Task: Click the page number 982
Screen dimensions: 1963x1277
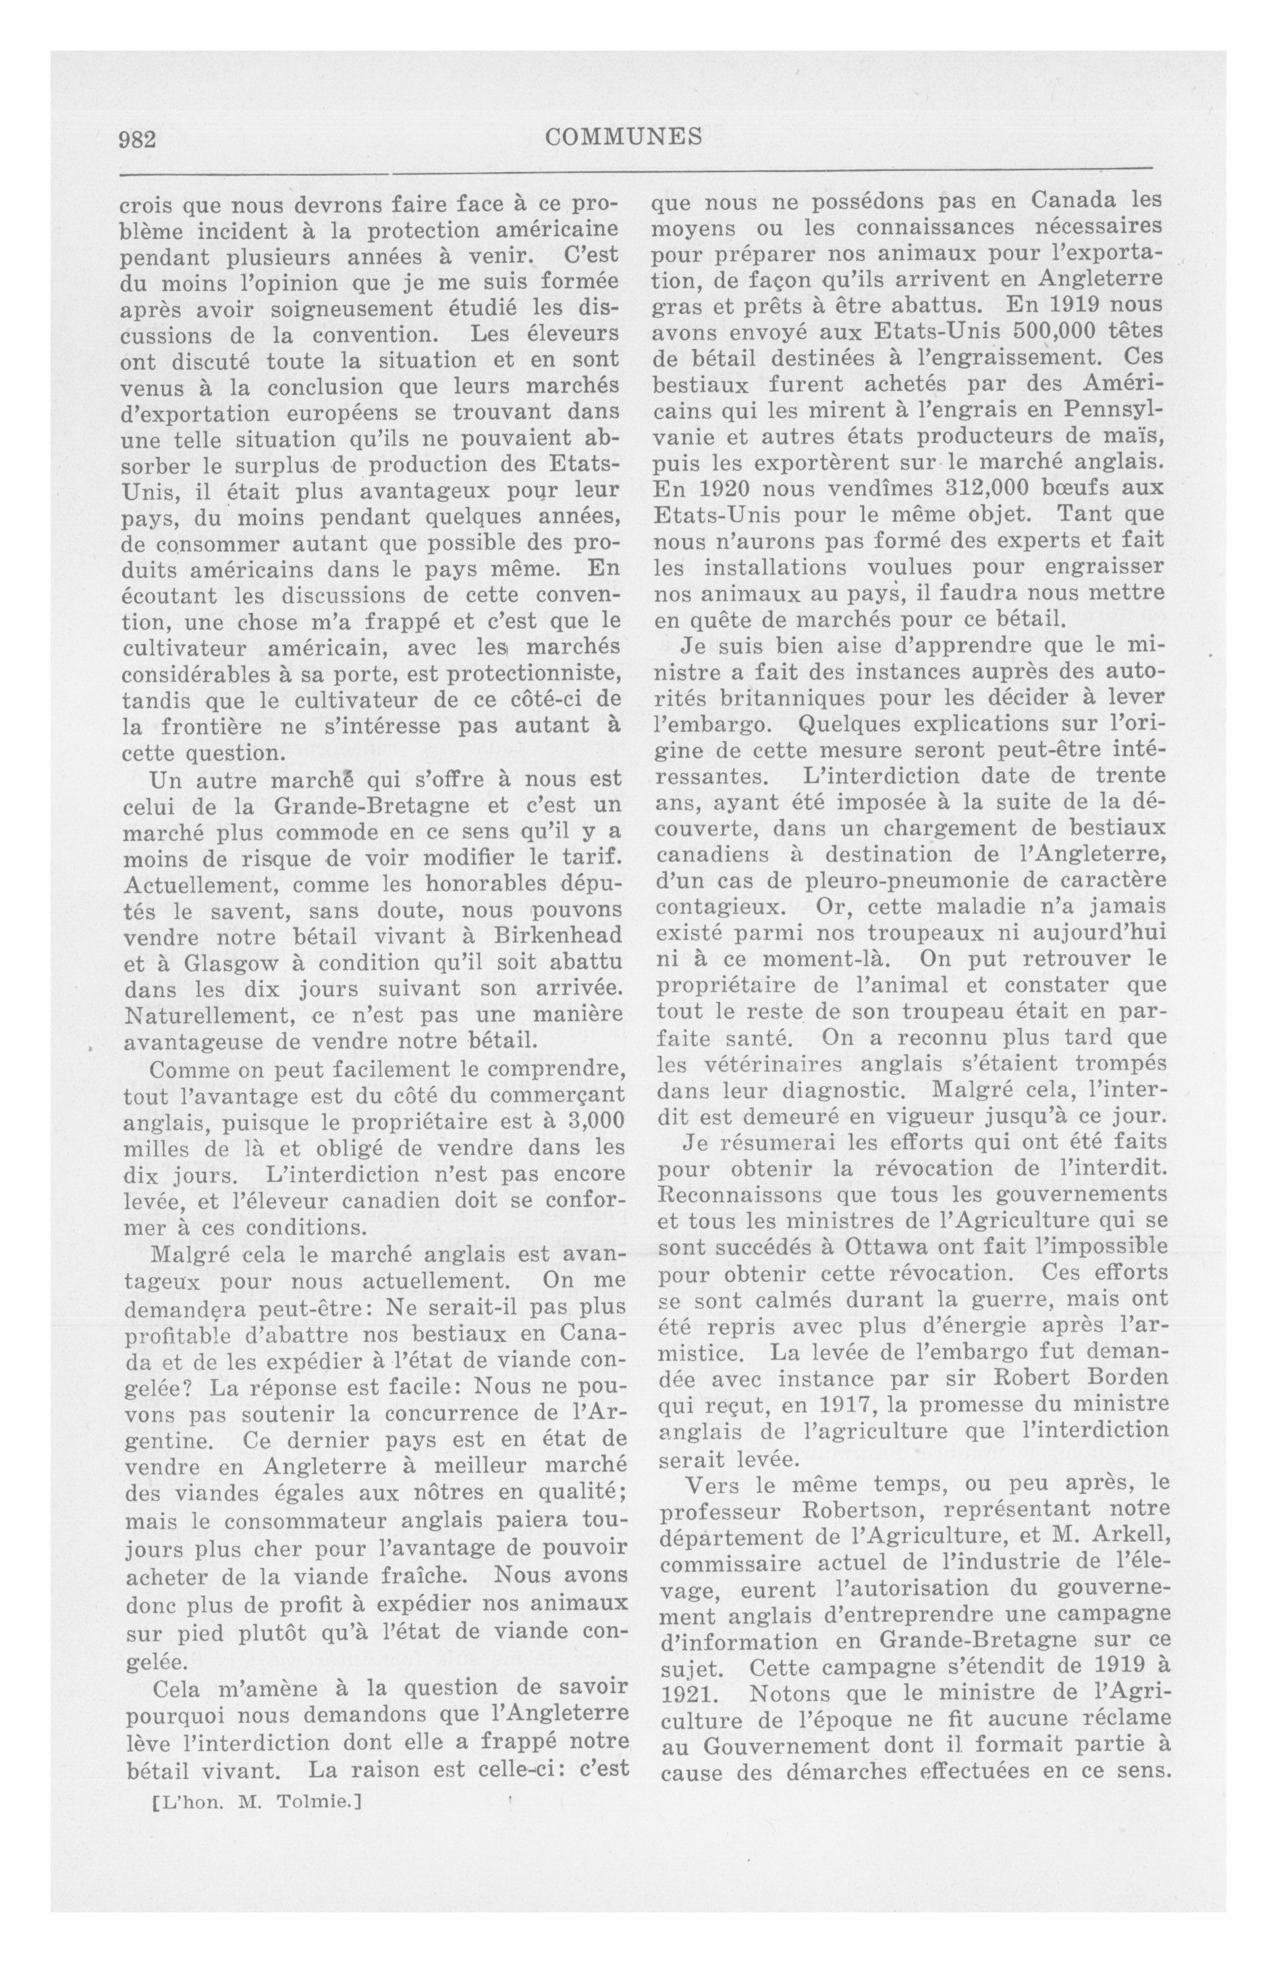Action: (x=138, y=139)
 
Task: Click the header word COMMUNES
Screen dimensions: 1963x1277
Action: (x=624, y=137)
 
